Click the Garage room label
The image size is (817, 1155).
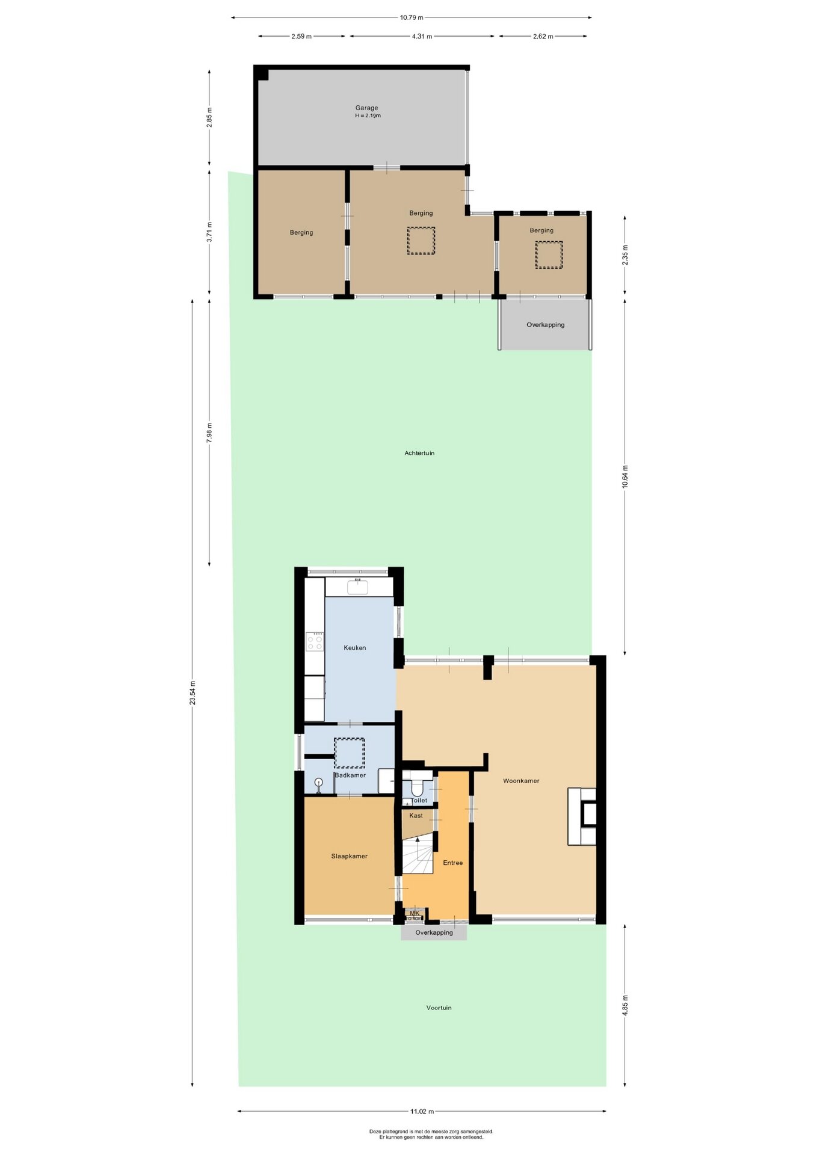point(366,108)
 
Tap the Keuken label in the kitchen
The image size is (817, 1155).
point(355,648)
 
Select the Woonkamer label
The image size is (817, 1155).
point(521,781)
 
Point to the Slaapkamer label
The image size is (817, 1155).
point(349,856)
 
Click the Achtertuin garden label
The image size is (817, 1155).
point(419,453)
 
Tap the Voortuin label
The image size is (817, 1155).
point(439,1008)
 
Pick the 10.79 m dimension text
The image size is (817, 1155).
point(412,17)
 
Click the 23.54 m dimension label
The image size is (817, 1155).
point(193,692)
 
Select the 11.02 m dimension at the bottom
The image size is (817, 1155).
point(422,1111)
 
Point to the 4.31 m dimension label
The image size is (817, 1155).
point(422,36)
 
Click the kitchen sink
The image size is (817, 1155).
point(358,587)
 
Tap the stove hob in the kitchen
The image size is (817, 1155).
point(315,641)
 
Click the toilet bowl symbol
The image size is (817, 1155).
point(417,787)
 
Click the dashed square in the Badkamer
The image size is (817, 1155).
point(350,753)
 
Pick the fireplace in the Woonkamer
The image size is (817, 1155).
point(582,816)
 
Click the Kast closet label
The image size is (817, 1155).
point(416,816)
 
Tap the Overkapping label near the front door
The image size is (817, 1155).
point(434,932)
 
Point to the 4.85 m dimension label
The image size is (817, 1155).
point(625,1005)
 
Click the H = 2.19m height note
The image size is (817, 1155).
point(368,115)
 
